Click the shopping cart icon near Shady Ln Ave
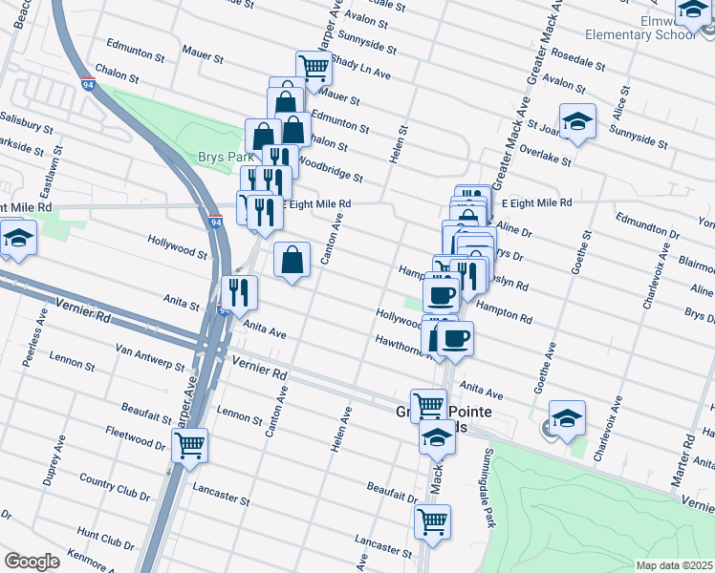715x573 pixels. click(313, 68)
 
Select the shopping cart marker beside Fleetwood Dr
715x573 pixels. click(190, 445)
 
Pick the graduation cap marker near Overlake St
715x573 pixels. click(577, 121)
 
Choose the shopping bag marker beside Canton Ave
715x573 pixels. click(292, 259)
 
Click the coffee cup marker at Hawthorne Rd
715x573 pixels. click(455, 337)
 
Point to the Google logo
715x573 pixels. click(32, 561)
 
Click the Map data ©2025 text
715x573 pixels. click(674, 564)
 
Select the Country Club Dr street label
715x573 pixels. click(115, 486)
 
